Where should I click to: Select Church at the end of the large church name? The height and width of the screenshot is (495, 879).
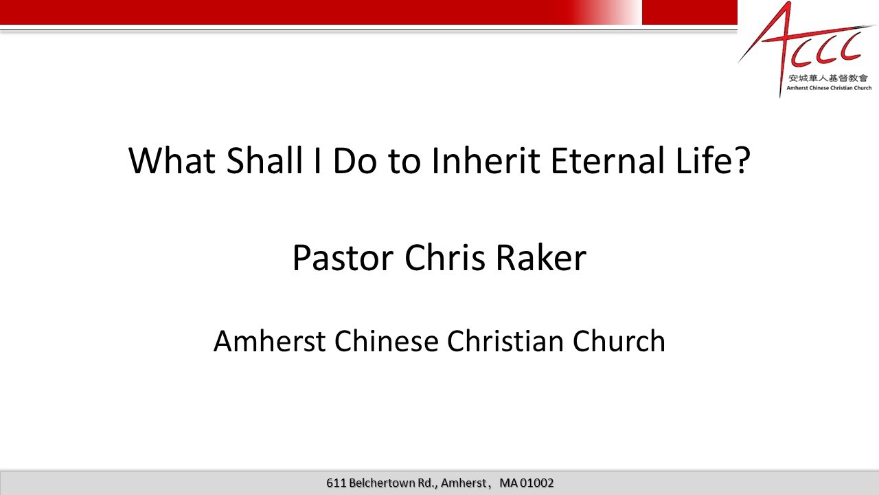(621, 342)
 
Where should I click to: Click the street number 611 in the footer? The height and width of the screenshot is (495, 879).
(336, 483)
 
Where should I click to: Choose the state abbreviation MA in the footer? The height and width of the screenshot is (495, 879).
(508, 483)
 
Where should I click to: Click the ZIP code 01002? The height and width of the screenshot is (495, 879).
(537, 483)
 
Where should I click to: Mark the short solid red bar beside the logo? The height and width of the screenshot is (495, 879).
(689, 12)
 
